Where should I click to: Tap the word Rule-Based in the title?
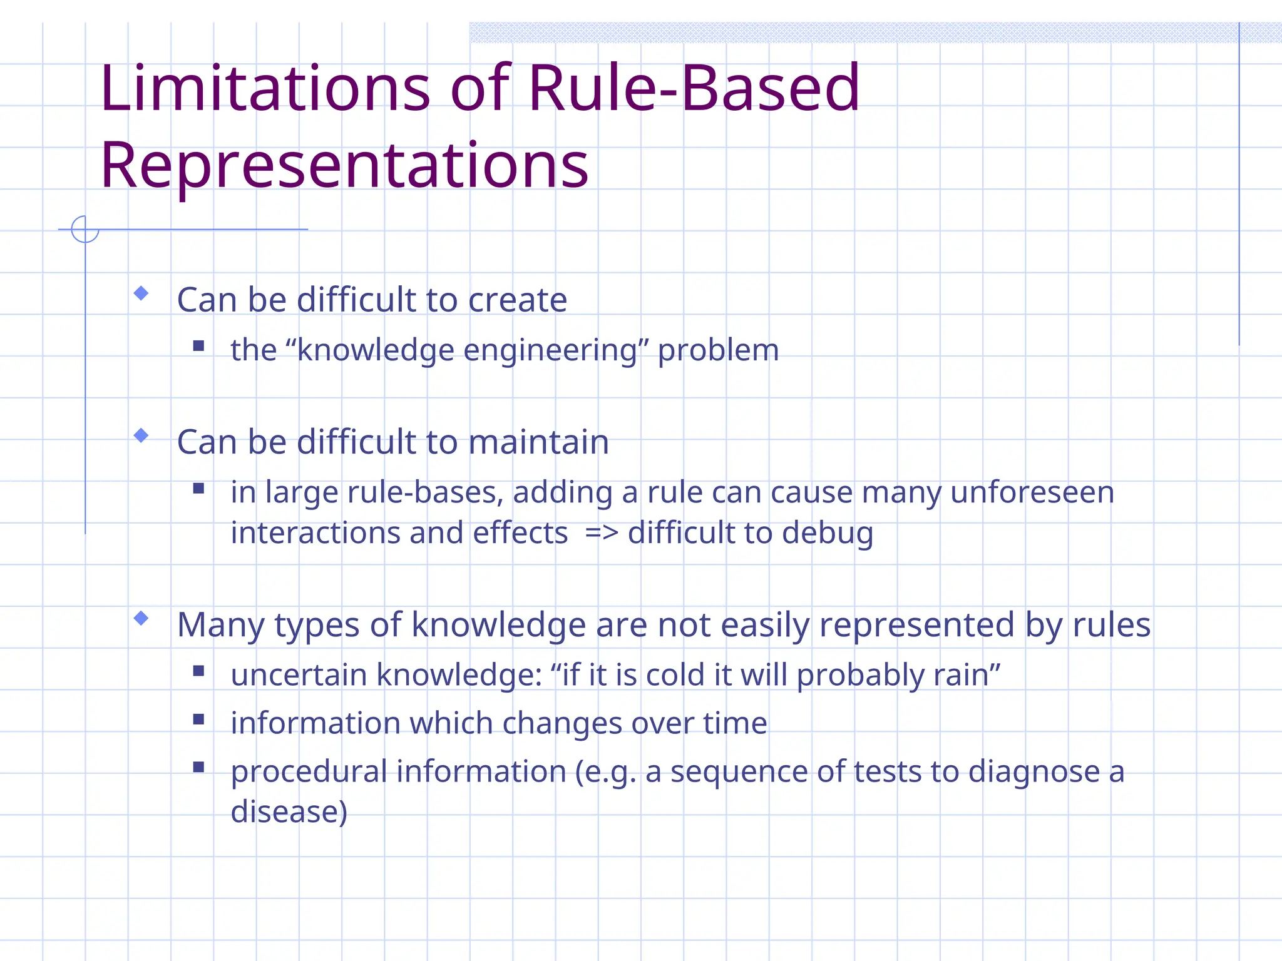[694, 89]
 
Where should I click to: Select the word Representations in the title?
[344, 166]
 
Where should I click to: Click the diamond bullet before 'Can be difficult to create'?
[141, 293]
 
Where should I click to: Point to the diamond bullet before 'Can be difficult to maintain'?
[141, 435]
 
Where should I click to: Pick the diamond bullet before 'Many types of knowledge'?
[141, 618]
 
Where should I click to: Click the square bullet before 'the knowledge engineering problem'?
[199, 345]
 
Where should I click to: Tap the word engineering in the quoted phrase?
[550, 350]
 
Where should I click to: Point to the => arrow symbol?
[601, 533]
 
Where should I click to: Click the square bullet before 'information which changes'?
[199, 719]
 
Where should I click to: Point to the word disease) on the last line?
[289, 811]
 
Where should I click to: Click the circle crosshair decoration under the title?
[85, 229]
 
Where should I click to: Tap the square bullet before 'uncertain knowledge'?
[199, 671]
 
